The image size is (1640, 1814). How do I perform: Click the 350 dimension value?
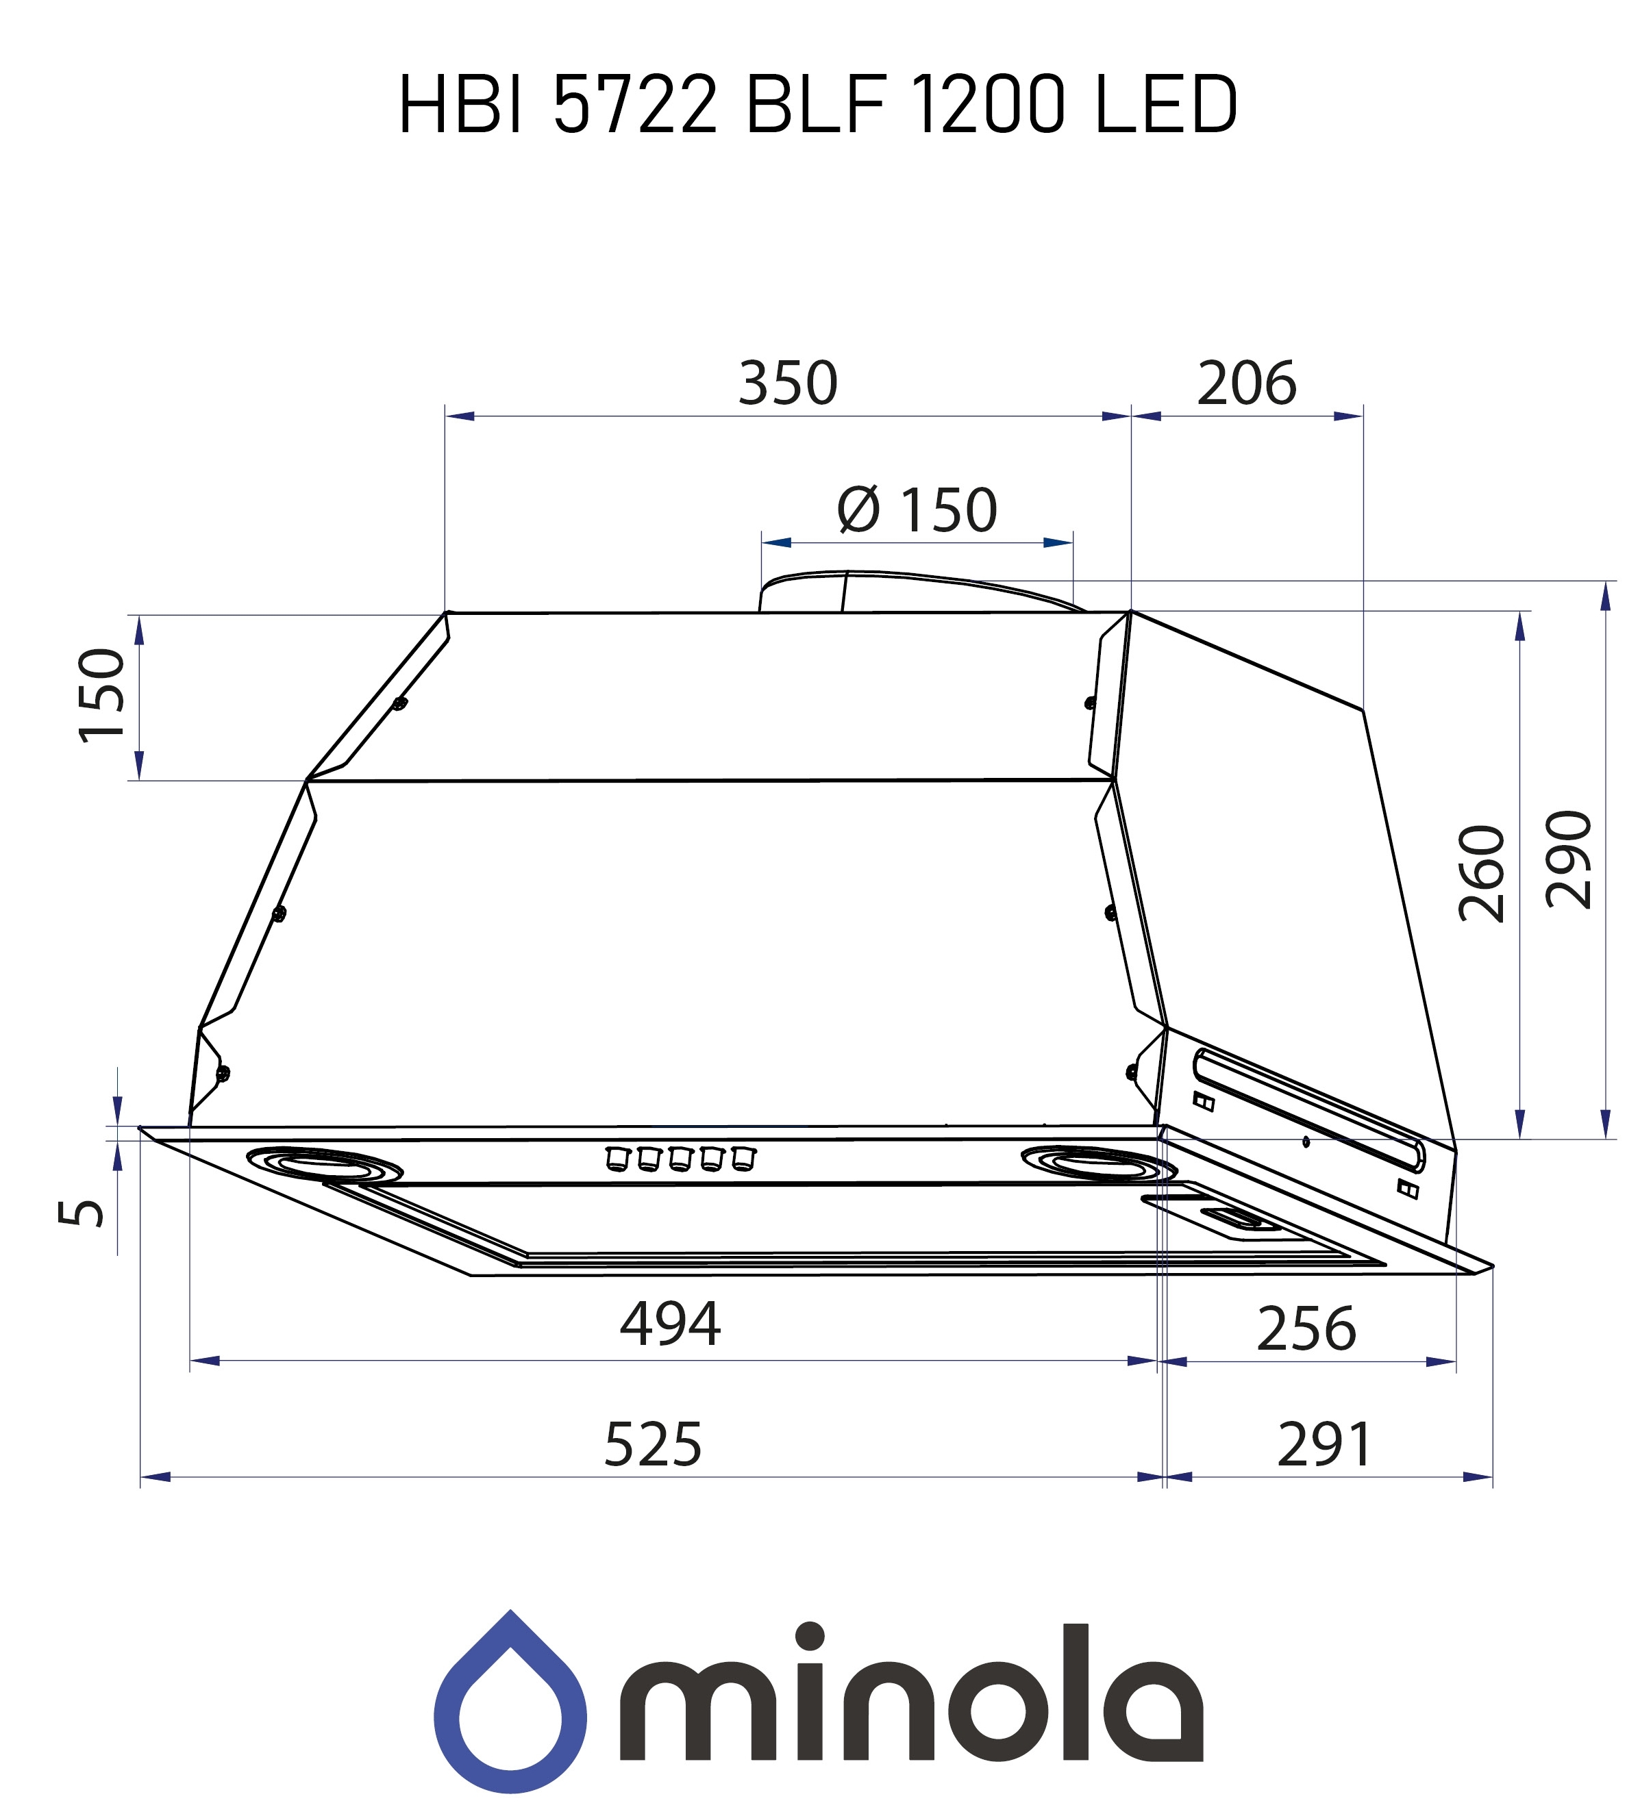click(788, 383)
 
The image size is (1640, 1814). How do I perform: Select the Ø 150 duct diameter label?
click(917, 510)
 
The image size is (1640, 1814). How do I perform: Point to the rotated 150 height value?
click(101, 696)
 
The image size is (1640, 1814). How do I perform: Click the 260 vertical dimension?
click(1480, 874)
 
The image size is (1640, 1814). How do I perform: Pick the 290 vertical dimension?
click(1568, 859)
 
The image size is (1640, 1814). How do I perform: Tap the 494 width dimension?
click(670, 1324)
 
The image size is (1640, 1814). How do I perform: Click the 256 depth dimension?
click(1305, 1329)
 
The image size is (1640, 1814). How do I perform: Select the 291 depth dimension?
click(1323, 1445)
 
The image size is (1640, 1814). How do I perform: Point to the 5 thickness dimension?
click(81, 1213)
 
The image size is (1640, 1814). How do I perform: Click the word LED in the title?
click(1166, 105)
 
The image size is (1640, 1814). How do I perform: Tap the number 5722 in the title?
click(634, 105)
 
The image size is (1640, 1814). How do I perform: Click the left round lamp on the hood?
click(323, 1164)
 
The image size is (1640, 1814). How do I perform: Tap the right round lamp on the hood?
click(1098, 1164)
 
